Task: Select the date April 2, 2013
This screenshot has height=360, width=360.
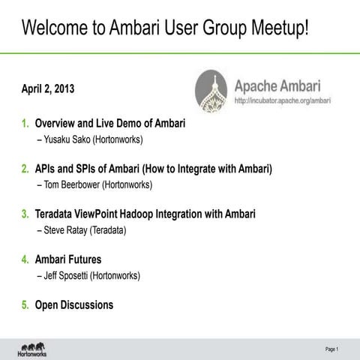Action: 48,90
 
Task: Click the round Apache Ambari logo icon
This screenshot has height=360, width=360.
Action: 211,91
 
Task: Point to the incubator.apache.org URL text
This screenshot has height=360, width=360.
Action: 283,100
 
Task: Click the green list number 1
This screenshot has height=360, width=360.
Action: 25,123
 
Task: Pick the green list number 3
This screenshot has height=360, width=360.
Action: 25,214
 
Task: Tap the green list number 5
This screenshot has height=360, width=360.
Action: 25,305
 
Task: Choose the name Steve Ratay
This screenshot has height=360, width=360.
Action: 66,230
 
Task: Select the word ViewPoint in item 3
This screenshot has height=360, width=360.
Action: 107,214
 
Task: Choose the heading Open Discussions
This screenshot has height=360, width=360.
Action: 74,305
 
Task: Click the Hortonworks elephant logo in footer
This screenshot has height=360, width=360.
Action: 34,349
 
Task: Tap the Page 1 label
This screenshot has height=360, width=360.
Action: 331,349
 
